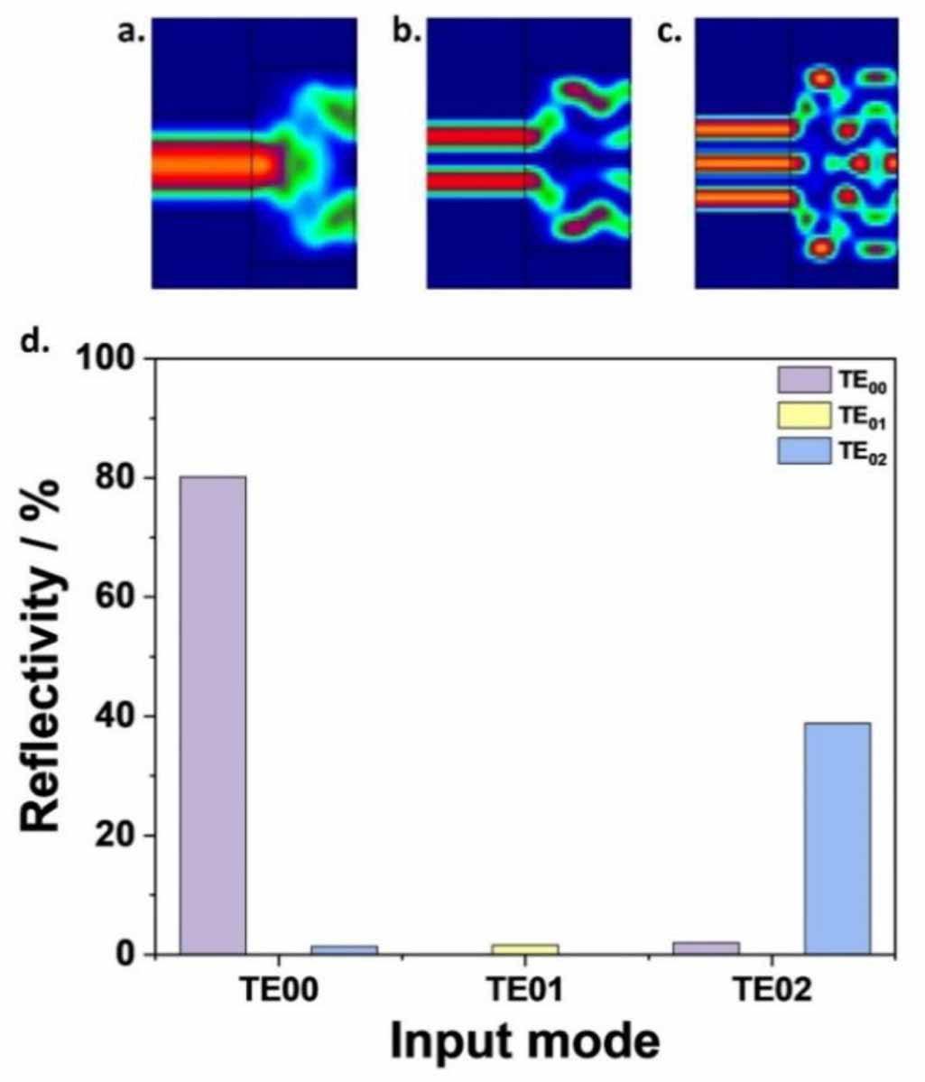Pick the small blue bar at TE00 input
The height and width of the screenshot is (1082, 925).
click(x=344, y=949)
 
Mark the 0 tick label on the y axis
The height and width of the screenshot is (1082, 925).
click(x=131, y=955)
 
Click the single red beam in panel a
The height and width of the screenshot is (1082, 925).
click(x=208, y=165)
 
